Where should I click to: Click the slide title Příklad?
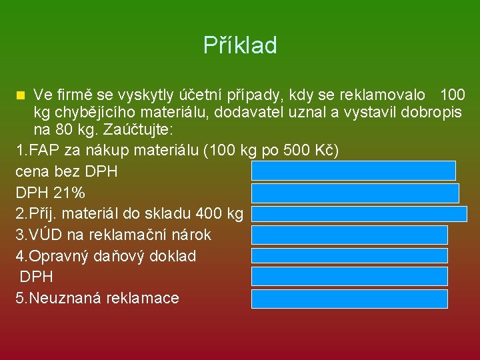pyautogui.click(x=240, y=45)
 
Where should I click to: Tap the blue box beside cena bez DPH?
pyautogui.click(x=353, y=171)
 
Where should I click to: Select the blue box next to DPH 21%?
pyautogui.click(x=355, y=193)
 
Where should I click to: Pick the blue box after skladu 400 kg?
pyautogui.click(x=359, y=213)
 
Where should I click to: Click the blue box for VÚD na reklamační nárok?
pyautogui.click(x=350, y=235)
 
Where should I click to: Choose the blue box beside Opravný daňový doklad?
pyautogui.click(x=350, y=255)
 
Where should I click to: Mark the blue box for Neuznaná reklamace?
pyautogui.click(x=350, y=298)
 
